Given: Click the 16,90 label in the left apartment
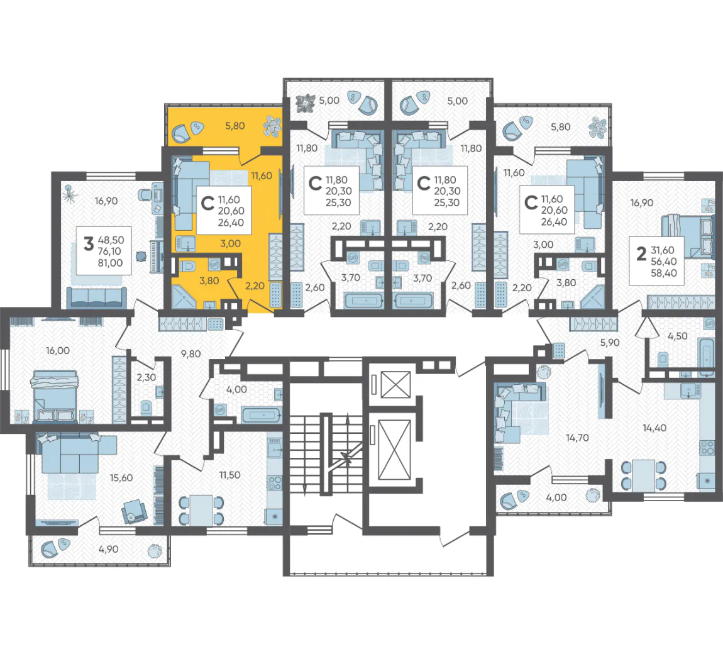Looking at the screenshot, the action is tap(106, 201).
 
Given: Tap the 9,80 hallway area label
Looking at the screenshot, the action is tap(190, 354).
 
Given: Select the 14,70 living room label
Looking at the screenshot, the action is tap(577, 438).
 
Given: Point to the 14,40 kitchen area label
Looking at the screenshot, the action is tap(654, 428).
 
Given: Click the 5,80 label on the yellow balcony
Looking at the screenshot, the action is tap(235, 125).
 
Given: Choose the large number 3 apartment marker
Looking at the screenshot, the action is tap(89, 243).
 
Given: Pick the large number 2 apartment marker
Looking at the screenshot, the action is tap(641, 253).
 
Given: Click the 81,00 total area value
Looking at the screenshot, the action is tap(110, 263).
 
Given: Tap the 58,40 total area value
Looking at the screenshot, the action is tap(663, 273).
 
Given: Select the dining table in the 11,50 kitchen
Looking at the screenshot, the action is tap(201, 509).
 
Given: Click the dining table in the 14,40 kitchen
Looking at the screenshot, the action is tap(643, 475).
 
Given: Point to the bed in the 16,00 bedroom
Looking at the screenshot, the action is tap(55, 396).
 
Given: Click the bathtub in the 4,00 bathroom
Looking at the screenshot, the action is tap(261, 415).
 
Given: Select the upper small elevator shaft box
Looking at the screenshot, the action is tap(395, 384).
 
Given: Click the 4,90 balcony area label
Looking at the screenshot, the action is tap(108, 550).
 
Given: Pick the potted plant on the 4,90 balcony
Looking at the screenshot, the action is tap(153, 551).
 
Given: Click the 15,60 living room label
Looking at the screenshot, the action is tap(121, 478).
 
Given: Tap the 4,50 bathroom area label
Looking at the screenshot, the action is tap(677, 336).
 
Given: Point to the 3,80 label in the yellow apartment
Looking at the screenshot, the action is tap(209, 280).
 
